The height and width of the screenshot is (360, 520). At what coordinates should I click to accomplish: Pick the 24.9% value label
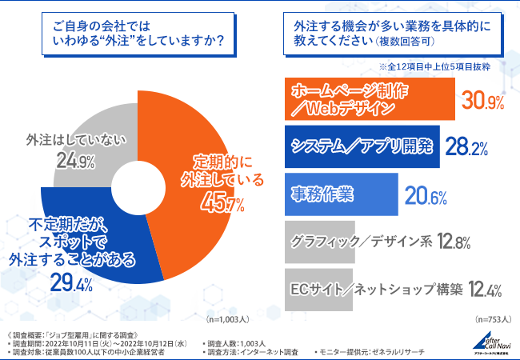coord(77,162)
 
